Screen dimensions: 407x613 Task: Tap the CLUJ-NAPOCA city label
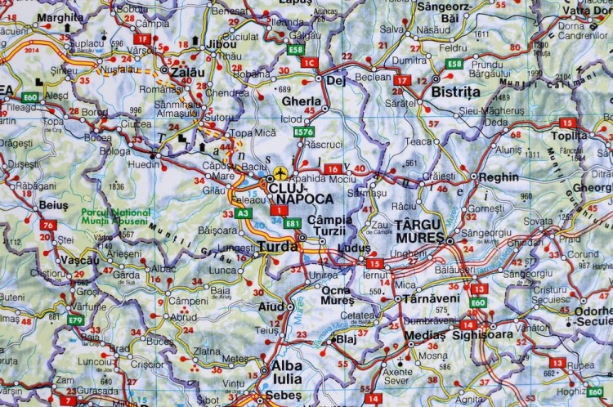tap(301, 193)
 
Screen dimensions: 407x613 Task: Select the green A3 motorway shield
tap(243, 213)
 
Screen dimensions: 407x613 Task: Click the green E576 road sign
tap(303, 132)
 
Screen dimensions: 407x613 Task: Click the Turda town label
tap(278, 245)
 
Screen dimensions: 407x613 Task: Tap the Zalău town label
tap(187, 72)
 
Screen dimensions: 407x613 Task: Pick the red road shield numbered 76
tap(48, 226)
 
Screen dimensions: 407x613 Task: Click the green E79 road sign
tap(75, 320)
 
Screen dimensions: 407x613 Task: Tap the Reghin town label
tap(499, 177)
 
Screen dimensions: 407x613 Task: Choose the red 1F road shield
tap(143, 38)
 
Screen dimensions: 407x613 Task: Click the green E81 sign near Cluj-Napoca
tap(293, 223)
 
